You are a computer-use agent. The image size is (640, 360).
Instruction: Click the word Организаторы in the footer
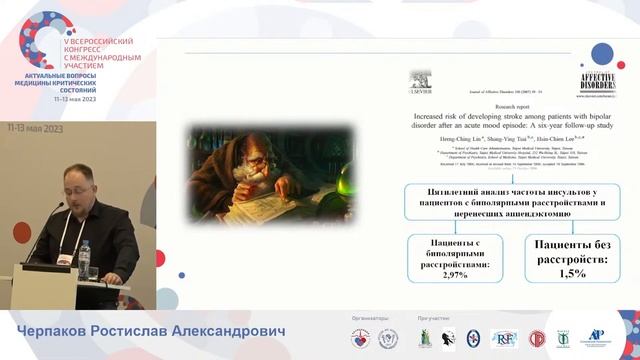[362, 319]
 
